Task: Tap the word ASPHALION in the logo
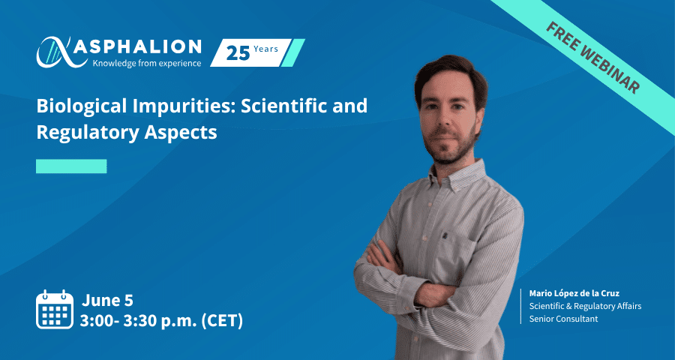click(137, 47)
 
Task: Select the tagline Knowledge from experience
click(147, 63)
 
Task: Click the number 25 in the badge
click(238, 53)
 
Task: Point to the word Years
click(265, 49)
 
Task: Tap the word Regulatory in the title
click(88, 133)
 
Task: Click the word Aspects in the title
click(180, 133)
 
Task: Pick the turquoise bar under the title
click(71, 166)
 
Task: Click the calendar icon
click(55, 309)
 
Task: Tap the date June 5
click(107, 301)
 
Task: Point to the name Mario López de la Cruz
click(574, 294)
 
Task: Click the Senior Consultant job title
click(563, 319)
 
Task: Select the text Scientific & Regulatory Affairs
click(585, 306)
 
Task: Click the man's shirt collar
click(457, 175)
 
